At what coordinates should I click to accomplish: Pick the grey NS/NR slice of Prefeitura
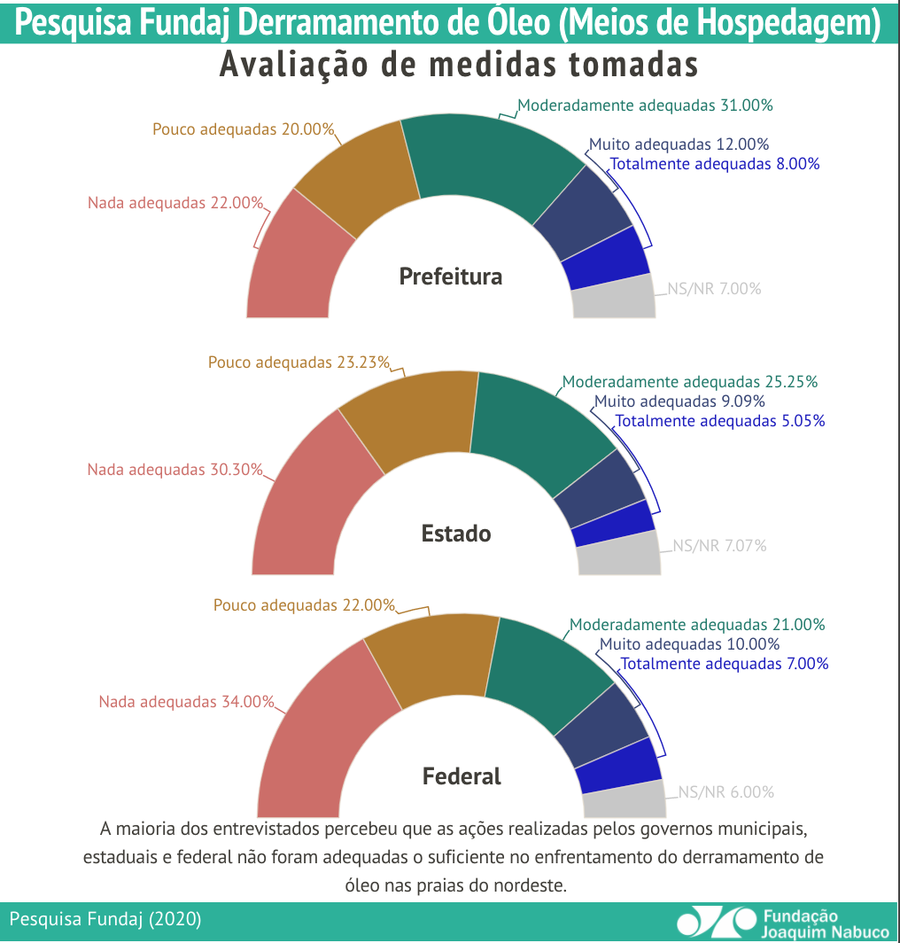pos(614,299)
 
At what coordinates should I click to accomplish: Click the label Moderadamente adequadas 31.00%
pos(645,105)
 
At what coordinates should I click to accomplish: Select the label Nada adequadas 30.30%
pos(175,470)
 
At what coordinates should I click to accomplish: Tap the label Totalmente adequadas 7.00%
pos(724,664)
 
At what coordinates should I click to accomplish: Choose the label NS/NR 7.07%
pos(719,546)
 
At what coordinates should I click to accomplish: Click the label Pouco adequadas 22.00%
pos(304,605)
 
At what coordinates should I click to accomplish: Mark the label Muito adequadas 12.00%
pos(679,144)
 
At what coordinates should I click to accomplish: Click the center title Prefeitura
pos(450,277)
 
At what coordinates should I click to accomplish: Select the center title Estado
pos(455,534)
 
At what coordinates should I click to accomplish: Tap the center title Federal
pos(462,776)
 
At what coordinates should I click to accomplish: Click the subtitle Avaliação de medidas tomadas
pos(459,65)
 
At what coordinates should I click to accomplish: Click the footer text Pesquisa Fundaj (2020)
pos(105,919)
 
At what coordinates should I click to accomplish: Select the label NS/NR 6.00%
pos(726,792)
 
